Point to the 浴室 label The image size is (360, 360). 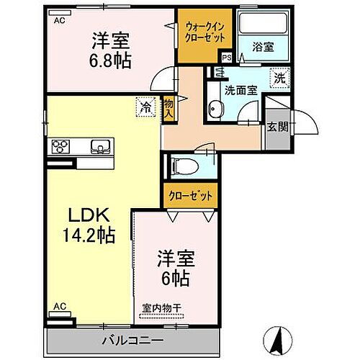click(x=262, y=47)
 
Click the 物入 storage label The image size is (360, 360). click(x=169, y=109)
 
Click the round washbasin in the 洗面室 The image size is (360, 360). click(x=215, y=110)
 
